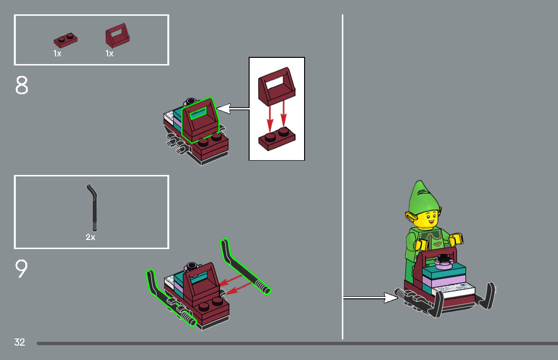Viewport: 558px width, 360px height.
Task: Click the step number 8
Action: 22,86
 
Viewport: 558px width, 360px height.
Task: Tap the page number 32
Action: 20,342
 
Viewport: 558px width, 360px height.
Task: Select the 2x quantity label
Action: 90,237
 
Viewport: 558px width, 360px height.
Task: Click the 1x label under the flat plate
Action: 57,54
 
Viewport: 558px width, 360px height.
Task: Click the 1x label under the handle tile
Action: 109,54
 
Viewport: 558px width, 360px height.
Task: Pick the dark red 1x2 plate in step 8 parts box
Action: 66,40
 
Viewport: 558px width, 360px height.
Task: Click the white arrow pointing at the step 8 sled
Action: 232,109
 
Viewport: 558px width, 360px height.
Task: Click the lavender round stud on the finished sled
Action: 443,260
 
